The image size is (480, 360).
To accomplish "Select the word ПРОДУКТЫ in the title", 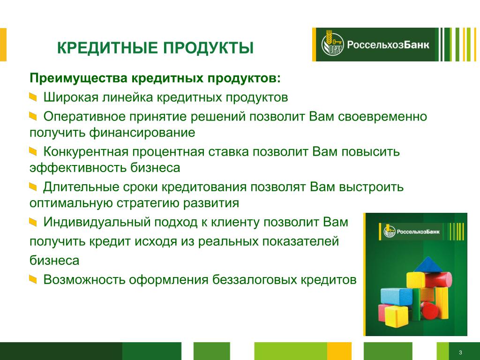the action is pos(208,48).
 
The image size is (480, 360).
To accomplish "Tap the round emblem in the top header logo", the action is pos(332,45).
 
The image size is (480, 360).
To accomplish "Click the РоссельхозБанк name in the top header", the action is pos(388,45).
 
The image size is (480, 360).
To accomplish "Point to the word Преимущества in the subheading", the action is pos(78,78).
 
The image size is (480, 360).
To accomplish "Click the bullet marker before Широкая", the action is pos(33,97).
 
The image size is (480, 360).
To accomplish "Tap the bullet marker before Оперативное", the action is pos(33,116).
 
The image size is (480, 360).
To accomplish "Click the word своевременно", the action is pos(382,117).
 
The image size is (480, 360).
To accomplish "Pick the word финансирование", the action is pos(142,133).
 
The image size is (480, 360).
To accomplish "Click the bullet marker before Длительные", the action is pos(33,187).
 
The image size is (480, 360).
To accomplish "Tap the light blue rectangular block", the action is pos(397,296).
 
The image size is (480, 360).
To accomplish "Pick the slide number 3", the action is pos(460,352).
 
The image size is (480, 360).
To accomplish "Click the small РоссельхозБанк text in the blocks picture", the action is pos(418,232).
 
